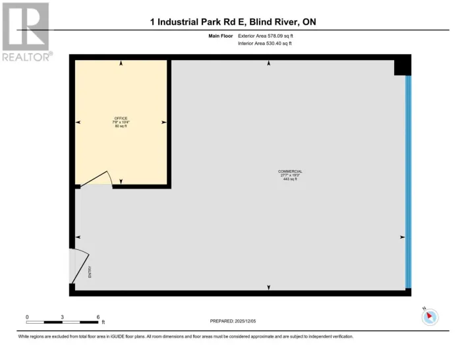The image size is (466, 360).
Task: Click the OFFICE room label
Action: coord(121,119)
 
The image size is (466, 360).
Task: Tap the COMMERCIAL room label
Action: coord(290,171)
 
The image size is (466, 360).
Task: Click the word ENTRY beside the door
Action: coord(90,270)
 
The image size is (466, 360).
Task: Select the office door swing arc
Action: coord(101,177)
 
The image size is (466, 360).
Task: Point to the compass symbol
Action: coord(430,317)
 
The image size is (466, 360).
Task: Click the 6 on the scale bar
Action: coord(98,317)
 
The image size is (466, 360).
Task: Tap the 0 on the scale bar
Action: coord(27,317)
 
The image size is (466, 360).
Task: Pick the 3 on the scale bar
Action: coord(62,317)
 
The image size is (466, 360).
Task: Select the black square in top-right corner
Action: coord(402,65)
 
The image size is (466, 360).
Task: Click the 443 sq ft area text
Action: coord(291,179)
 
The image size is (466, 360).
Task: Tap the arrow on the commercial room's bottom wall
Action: coord(268,287)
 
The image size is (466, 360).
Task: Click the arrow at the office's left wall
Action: coord(78,123)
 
